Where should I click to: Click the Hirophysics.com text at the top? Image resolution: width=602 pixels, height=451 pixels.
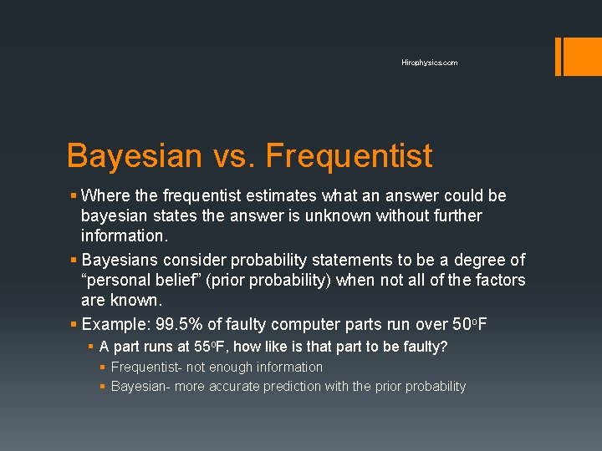click(x=429, y=63)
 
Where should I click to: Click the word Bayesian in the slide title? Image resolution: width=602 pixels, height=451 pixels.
click(x=134, y=156)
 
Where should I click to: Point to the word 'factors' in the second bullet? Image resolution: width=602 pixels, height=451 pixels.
click(x=498, y=281)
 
